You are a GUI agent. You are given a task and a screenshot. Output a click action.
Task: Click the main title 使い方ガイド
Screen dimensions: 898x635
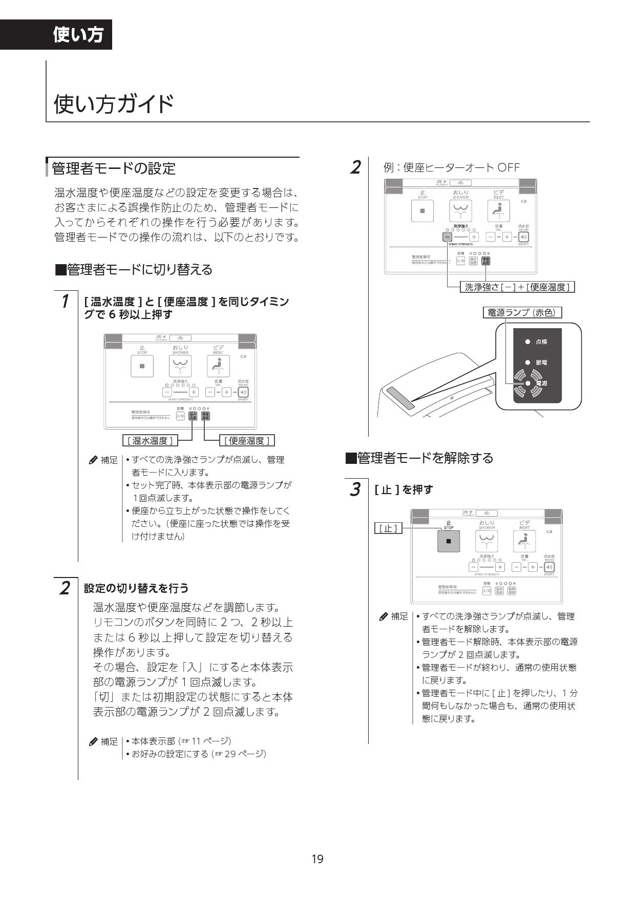click(114, 104)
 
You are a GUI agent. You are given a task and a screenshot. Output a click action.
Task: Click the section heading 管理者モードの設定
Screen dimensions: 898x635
click(114, 168)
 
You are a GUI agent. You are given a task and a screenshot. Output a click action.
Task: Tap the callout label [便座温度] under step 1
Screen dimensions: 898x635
click(247, 440)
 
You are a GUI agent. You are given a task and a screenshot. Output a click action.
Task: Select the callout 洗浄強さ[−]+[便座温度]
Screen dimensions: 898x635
click(517, 287)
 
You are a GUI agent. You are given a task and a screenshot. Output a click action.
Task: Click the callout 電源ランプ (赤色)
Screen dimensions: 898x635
click(522, 312)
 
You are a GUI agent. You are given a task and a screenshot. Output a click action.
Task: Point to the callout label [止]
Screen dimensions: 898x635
click(388, 528)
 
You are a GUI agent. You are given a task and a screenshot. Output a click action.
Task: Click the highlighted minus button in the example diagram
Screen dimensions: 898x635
click(447, 237)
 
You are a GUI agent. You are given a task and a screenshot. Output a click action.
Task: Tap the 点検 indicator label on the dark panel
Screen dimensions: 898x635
click(541, 341)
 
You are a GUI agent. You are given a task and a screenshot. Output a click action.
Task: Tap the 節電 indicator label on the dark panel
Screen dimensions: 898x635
click(541, 362)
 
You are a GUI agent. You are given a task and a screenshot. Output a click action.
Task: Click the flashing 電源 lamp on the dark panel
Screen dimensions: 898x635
click(527, 383)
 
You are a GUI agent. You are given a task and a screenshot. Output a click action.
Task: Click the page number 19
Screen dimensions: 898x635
click(317, 859)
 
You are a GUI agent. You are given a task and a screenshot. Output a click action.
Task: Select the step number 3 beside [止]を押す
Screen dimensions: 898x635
click(355, 489)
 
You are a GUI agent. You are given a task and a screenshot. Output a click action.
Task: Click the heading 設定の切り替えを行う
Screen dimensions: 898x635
click(136, 588)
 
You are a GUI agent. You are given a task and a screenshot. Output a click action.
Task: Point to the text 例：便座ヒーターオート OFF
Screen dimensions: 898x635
click(451, 167)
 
